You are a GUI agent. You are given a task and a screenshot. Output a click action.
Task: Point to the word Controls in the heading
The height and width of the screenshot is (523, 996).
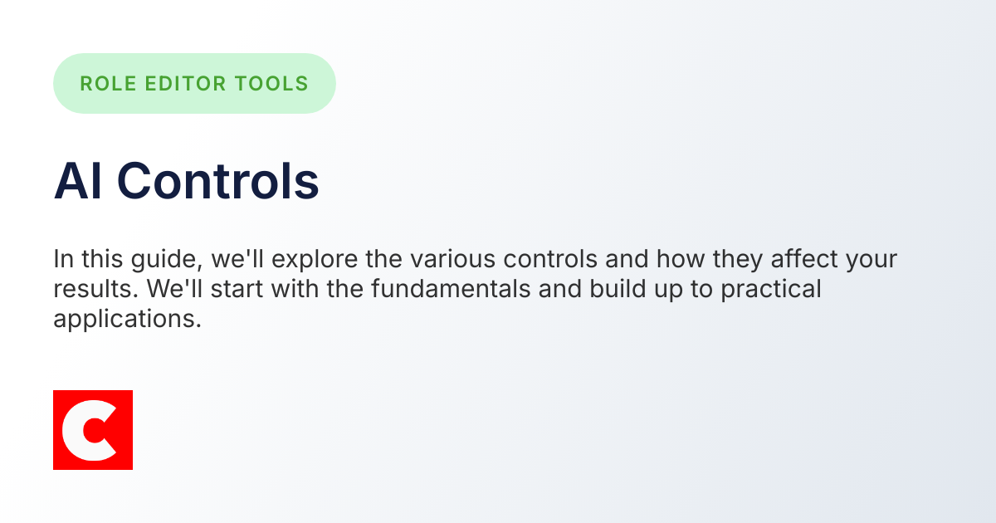(x=217, y=181)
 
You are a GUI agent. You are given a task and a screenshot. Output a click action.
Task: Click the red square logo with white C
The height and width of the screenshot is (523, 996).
(x=93, y=430)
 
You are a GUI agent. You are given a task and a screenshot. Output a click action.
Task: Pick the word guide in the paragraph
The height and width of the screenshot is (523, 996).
(x=174, y=259)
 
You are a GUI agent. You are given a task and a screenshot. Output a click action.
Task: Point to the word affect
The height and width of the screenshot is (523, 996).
(x=804, y=259)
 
